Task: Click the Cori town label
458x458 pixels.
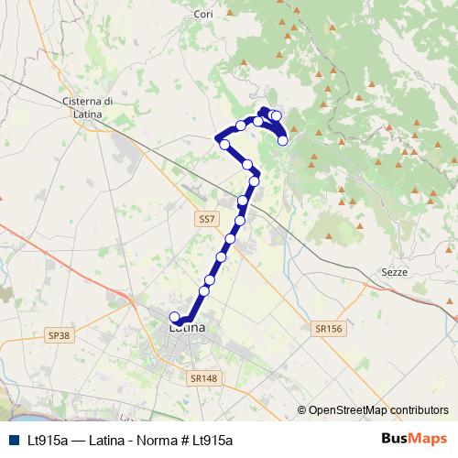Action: click(x=178, y=15)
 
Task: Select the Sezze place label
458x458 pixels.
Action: click(x=392, y=272)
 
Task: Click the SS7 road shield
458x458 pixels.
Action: click(x=207, y=220)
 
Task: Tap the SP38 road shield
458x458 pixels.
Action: click(x=58, y=336)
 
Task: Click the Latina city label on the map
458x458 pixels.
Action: click(x=187, y=327)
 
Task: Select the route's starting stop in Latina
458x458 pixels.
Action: click(x=175, y=317)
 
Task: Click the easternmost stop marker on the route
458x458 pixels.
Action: click(x=283, y=140)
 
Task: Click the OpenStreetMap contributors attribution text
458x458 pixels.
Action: click(x=377, y=409)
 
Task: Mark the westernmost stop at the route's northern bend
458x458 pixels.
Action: click(x=219, y=137)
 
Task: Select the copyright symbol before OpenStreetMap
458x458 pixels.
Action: click(x=302, y=409)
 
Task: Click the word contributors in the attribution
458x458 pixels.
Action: click(x=418, y=409)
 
